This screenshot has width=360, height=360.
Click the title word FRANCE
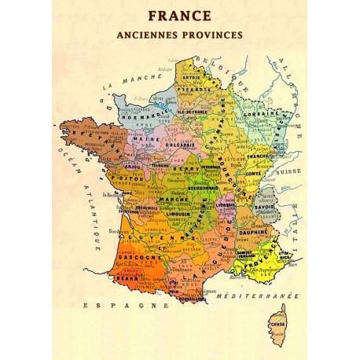(180, 15)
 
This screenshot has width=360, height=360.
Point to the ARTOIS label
(193, 79)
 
